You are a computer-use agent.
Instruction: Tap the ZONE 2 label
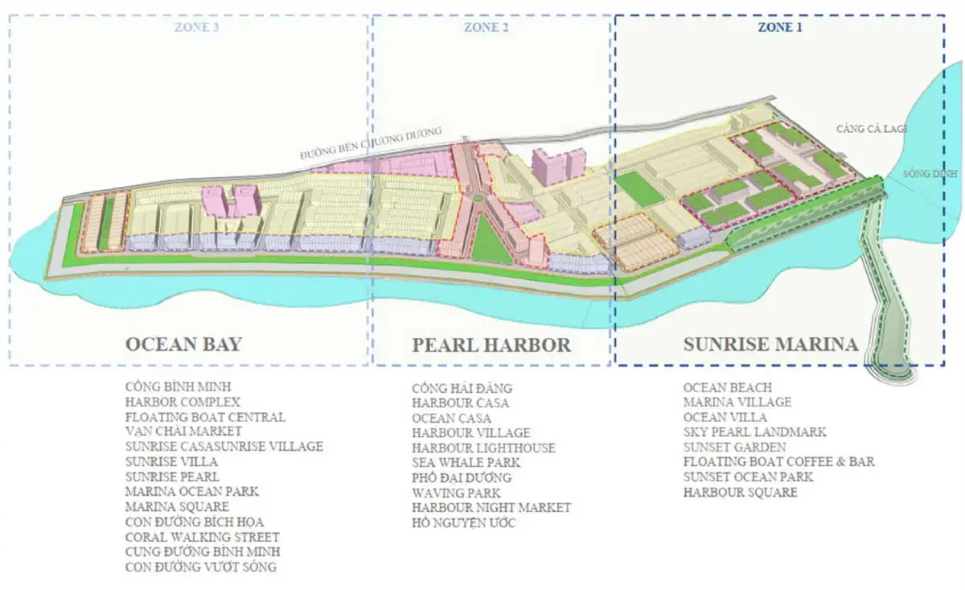[x=487, y=27]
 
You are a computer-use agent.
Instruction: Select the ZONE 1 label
[x=781, y=27]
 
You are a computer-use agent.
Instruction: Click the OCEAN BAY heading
[x=183, y=345]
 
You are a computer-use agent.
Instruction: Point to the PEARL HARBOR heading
[x=491, y=345]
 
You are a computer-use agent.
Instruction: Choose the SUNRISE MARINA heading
[x=770, y=345]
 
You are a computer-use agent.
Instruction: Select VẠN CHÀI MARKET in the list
[x=183, y=431]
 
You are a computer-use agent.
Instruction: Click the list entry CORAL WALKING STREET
[x=203, y=537]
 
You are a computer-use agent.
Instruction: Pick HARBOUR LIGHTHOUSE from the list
[x=483, y=448]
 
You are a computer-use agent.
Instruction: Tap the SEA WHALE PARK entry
[x=466, y=463]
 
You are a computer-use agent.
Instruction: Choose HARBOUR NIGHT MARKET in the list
[x=491, y=508]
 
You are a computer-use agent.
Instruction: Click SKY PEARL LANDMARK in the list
[x=754, y=432]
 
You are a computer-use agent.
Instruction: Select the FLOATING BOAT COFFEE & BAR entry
[x=778, y=462]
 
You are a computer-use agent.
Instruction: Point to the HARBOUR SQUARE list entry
[x=740, y=492]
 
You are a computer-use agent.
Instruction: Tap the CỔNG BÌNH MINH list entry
[x=178, y=387]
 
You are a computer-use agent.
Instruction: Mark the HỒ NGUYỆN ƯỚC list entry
[x=464, y=523]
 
